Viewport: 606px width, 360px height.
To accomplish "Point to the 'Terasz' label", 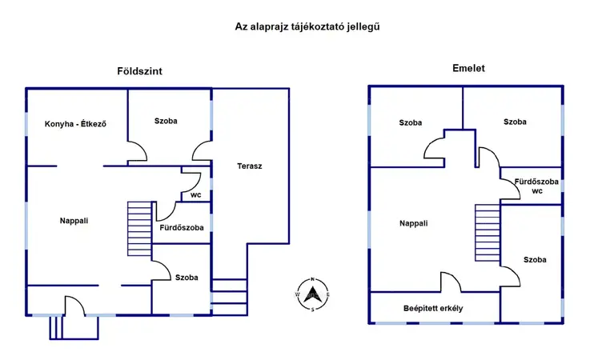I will coord(250,166).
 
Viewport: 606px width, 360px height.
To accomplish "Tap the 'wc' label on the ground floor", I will coord(196,194).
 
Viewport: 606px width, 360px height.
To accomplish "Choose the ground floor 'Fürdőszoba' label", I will coord(183,227).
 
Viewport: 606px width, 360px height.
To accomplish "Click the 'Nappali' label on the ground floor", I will coord(74,220).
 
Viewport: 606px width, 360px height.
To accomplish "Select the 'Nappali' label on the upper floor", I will coord(414,223).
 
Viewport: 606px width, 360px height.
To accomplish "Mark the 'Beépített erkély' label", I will coord(432,308).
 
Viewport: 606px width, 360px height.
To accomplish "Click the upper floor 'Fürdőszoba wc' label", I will coord(531,186).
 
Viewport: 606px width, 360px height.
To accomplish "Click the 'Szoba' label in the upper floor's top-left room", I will coord(411,122).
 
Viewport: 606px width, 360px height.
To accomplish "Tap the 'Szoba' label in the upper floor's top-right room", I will coord(515,122).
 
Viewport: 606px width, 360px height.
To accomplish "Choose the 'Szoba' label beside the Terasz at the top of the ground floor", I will coord(166,121).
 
